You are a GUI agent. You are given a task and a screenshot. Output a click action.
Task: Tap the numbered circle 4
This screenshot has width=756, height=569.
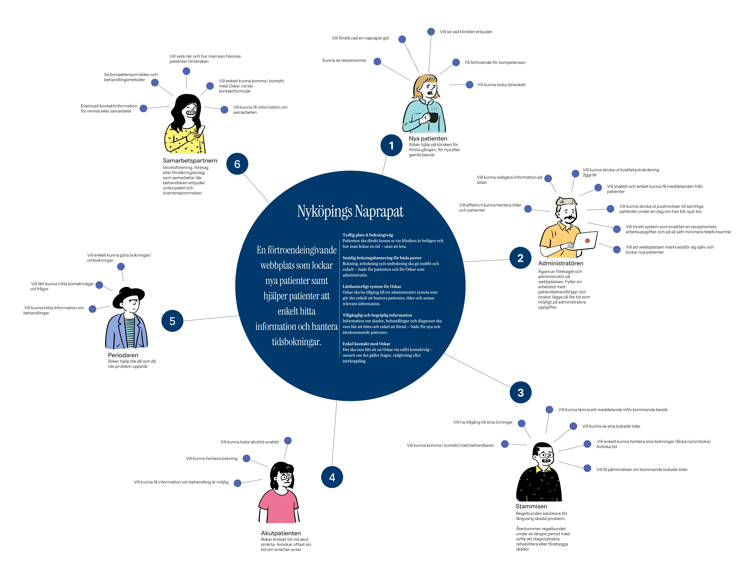point(332,477)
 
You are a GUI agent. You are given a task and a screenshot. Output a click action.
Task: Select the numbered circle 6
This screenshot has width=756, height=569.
point(237,164)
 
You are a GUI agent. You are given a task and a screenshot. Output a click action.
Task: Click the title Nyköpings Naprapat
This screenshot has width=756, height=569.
point(350,211)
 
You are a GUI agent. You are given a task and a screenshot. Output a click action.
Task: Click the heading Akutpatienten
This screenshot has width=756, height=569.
point(281,533)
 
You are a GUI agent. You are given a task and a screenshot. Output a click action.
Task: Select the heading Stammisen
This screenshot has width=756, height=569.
point(531,506)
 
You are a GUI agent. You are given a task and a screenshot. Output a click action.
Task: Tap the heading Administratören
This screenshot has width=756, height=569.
point(560,263)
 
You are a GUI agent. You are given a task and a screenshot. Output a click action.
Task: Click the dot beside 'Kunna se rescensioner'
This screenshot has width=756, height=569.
point(377,62)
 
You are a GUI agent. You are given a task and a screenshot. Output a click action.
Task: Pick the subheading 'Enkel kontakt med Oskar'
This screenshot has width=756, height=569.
point(366,344)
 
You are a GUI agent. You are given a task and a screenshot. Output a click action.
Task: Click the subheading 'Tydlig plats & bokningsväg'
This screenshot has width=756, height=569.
point(368,235)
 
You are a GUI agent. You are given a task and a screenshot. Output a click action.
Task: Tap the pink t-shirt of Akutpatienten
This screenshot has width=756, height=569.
point(278,506)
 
